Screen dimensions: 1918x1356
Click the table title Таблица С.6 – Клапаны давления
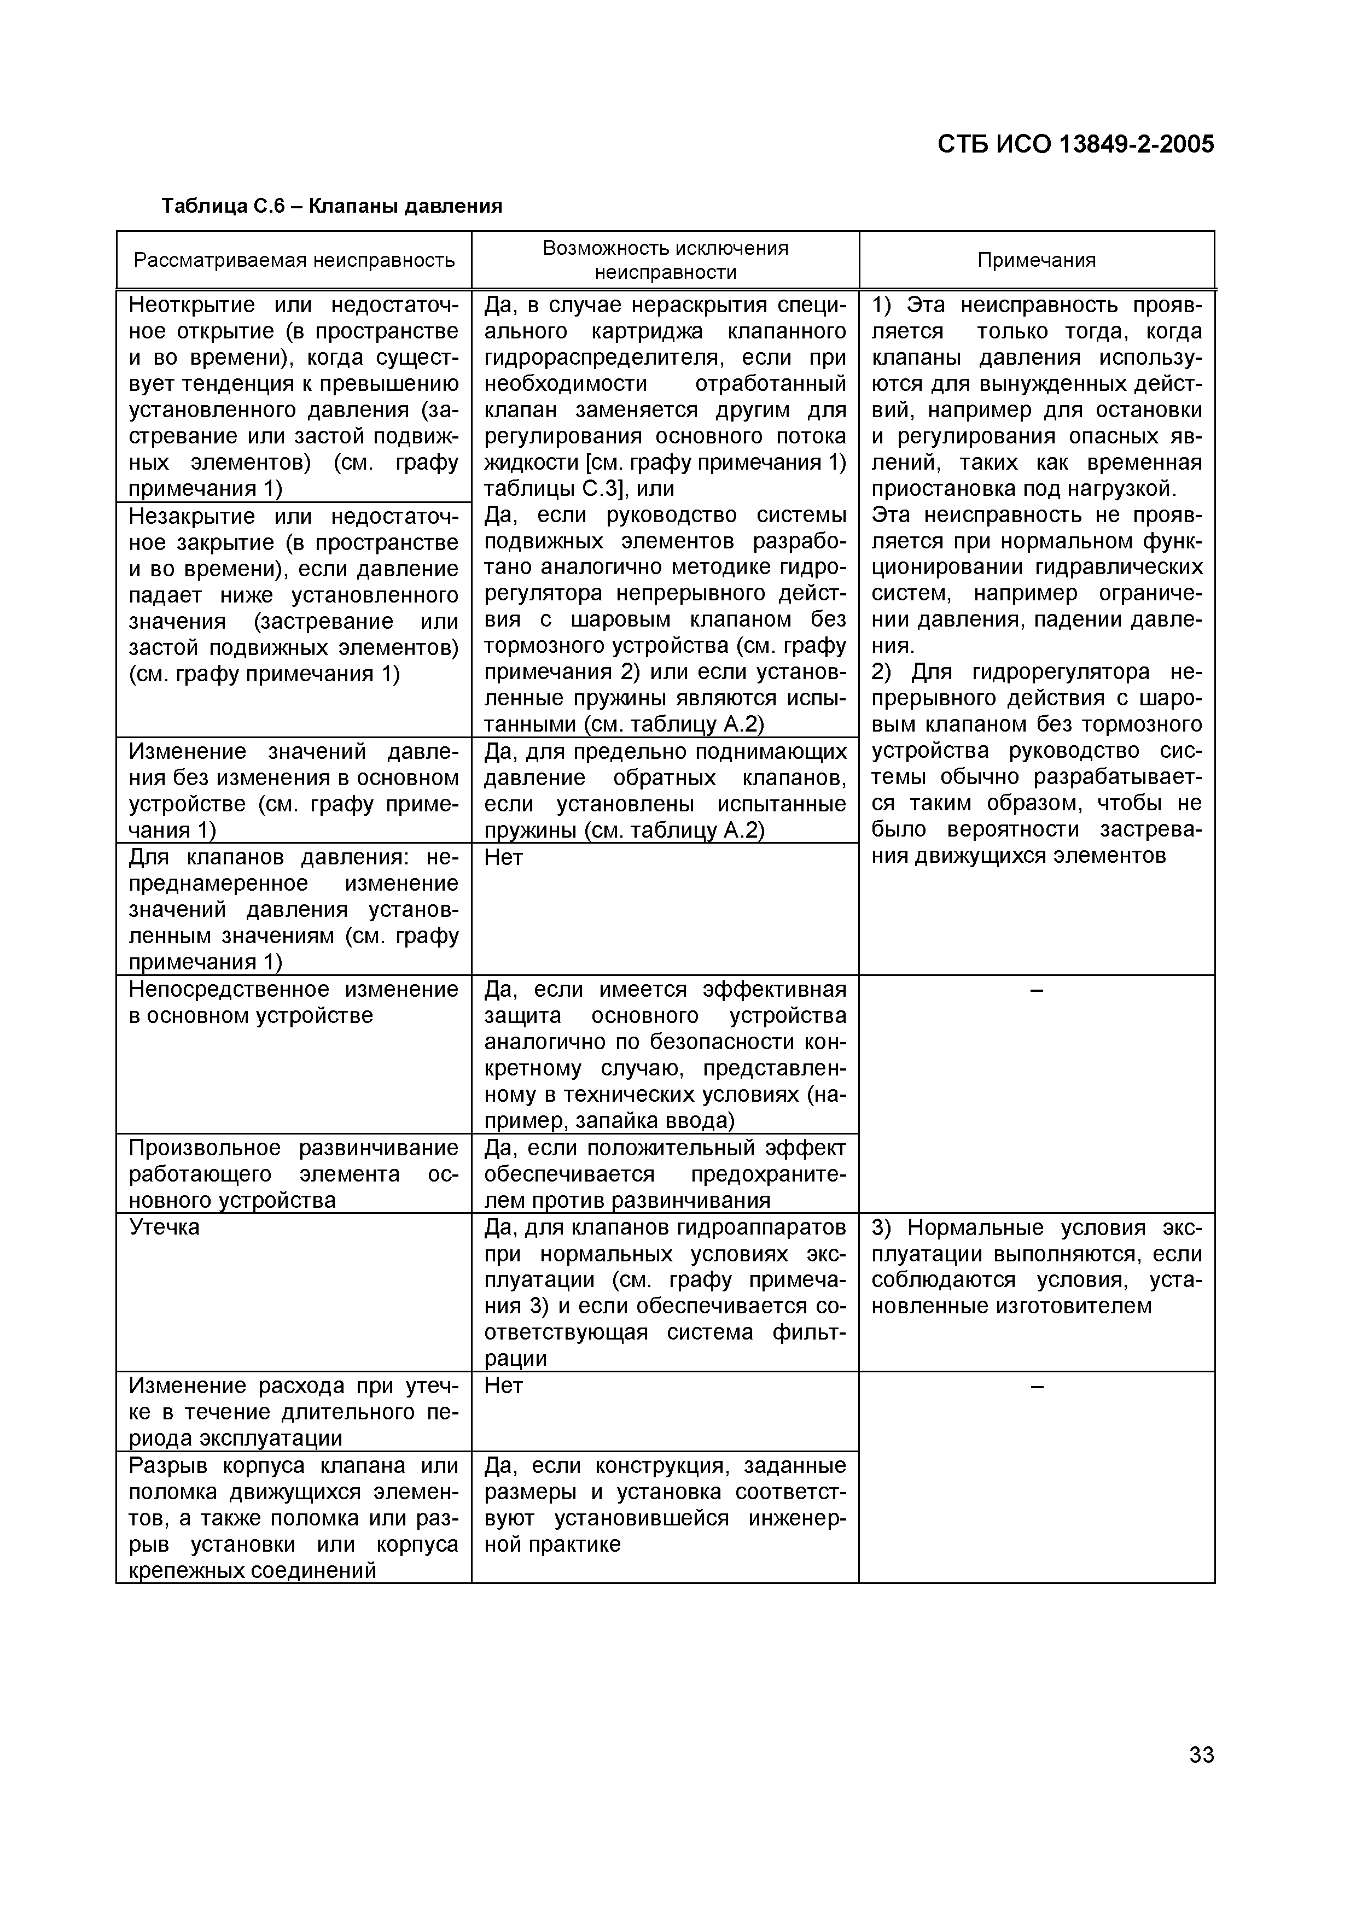pyautogui.click(x=331, y=206)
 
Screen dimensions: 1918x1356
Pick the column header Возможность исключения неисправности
pyautogui.click(x=665, y=260)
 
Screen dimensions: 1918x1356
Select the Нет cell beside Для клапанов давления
pyautogui.click(x=504, y=857)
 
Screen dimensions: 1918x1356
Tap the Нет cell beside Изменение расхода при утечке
pyautogui.click(x=504, y=1386)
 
